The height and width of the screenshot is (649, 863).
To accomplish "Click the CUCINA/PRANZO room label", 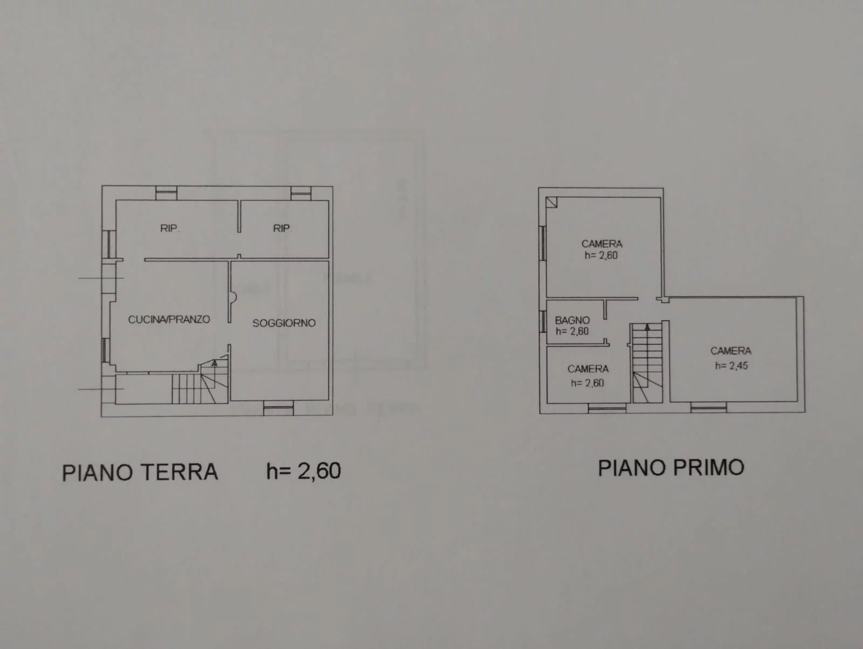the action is pyautogui.click(x=169, y=320).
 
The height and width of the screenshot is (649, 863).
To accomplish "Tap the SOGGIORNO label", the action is pyautogui.click(x=284, y=323).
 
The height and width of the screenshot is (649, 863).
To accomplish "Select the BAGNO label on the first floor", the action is pyautogui.click(x=572, y=320).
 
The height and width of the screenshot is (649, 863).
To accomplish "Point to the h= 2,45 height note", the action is pyautogui.click(x=731, y=366).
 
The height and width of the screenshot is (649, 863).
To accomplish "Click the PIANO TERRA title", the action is pyautogui.click(x=140, y=472).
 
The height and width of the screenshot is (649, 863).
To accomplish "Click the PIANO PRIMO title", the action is pyautogui.click(x=671, y=467).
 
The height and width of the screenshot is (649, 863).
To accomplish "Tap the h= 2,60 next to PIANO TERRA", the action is pyautogui.click(x=304, y=471).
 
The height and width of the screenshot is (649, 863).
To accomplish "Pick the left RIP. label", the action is pyautogui.click(x=170, y=228).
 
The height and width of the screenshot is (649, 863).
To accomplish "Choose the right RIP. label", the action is pyautogui.click(x=282, y=228).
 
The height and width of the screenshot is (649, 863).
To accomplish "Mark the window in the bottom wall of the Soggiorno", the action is pyautogui.click(x=278, y=408).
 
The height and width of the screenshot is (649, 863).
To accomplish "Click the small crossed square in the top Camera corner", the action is pyautogui.click(x=552, y=202).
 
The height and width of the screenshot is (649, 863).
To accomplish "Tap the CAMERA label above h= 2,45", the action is pyautogui.click(x=731, y=351).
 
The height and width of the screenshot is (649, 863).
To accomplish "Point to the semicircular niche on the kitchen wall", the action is pyautogui.click(x=233, y=298).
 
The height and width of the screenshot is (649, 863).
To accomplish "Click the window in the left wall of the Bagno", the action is pyautogui.click(x=543, y=321).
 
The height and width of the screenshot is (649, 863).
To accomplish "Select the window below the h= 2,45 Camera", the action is pyautogui.click(x=709, y=409).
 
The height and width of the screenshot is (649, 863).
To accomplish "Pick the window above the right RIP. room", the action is pyautogui.click(x=301, y=194).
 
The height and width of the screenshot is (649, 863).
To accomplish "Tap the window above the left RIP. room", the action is pyautogui.click(x=166, y=193).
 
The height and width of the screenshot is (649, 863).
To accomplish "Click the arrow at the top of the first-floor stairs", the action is pyautogui.click(x=647, y=327).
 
